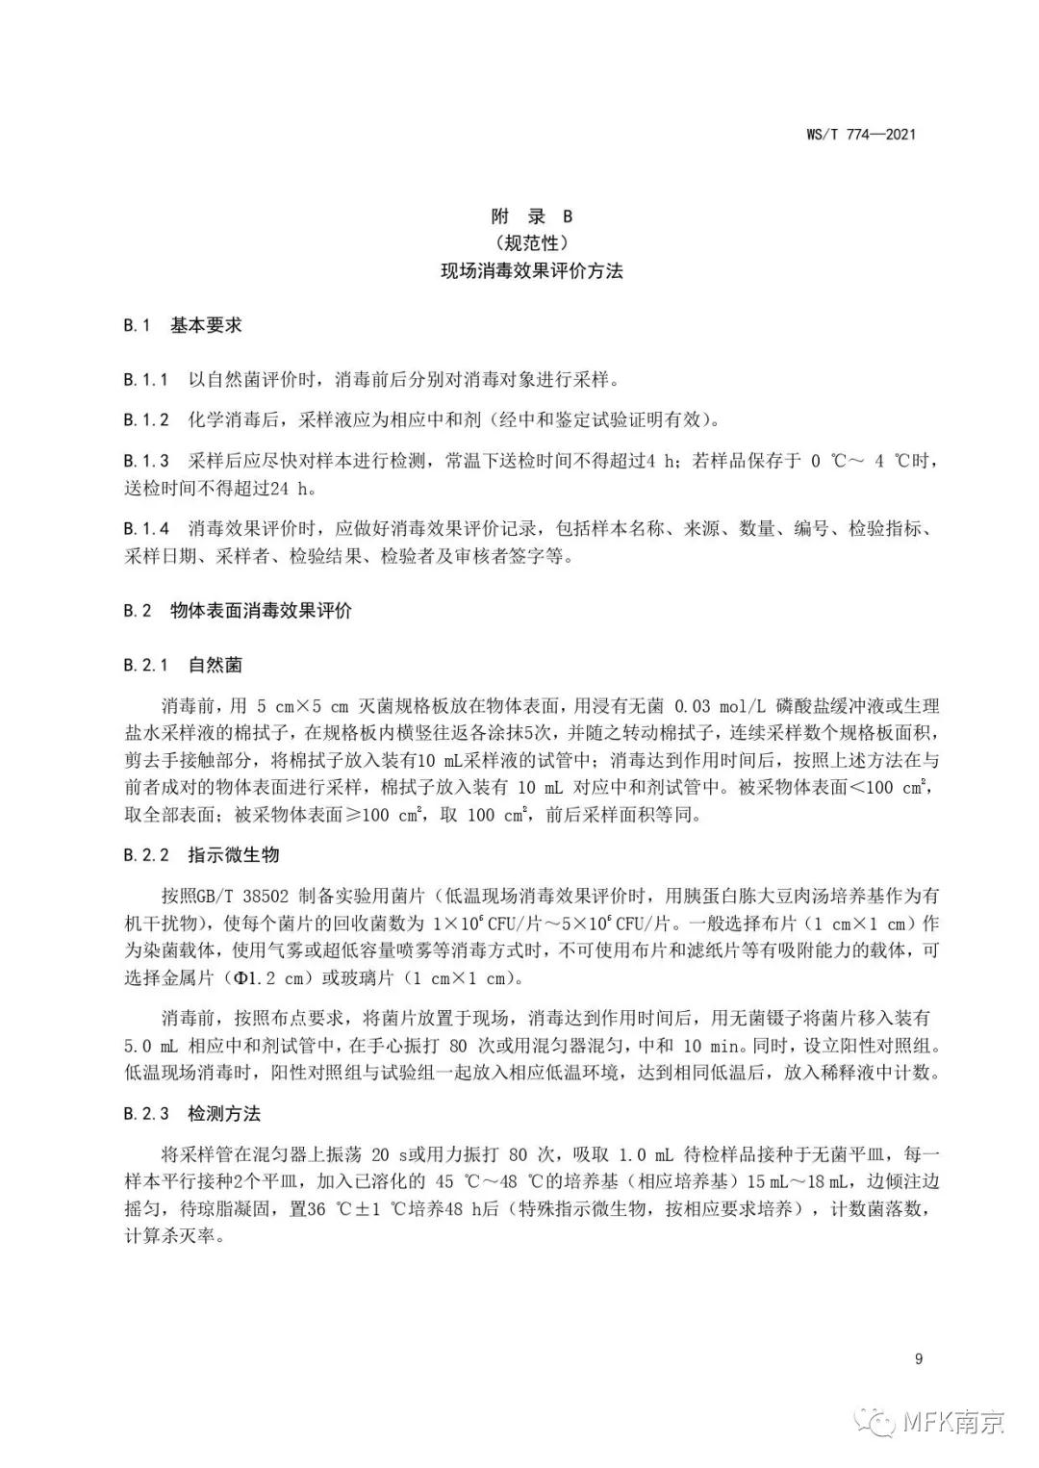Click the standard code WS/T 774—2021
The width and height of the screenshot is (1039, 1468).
859,135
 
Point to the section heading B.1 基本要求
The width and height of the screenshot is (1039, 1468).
182,325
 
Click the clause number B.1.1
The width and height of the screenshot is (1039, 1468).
146,380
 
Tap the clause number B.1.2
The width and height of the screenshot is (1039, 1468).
146,420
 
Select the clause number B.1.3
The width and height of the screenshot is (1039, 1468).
146,461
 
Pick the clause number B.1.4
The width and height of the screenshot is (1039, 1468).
146,529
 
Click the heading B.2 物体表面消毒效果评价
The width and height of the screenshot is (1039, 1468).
237,611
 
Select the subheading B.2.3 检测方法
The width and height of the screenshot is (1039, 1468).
191,1114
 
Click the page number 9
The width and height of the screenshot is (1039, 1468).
919,1358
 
